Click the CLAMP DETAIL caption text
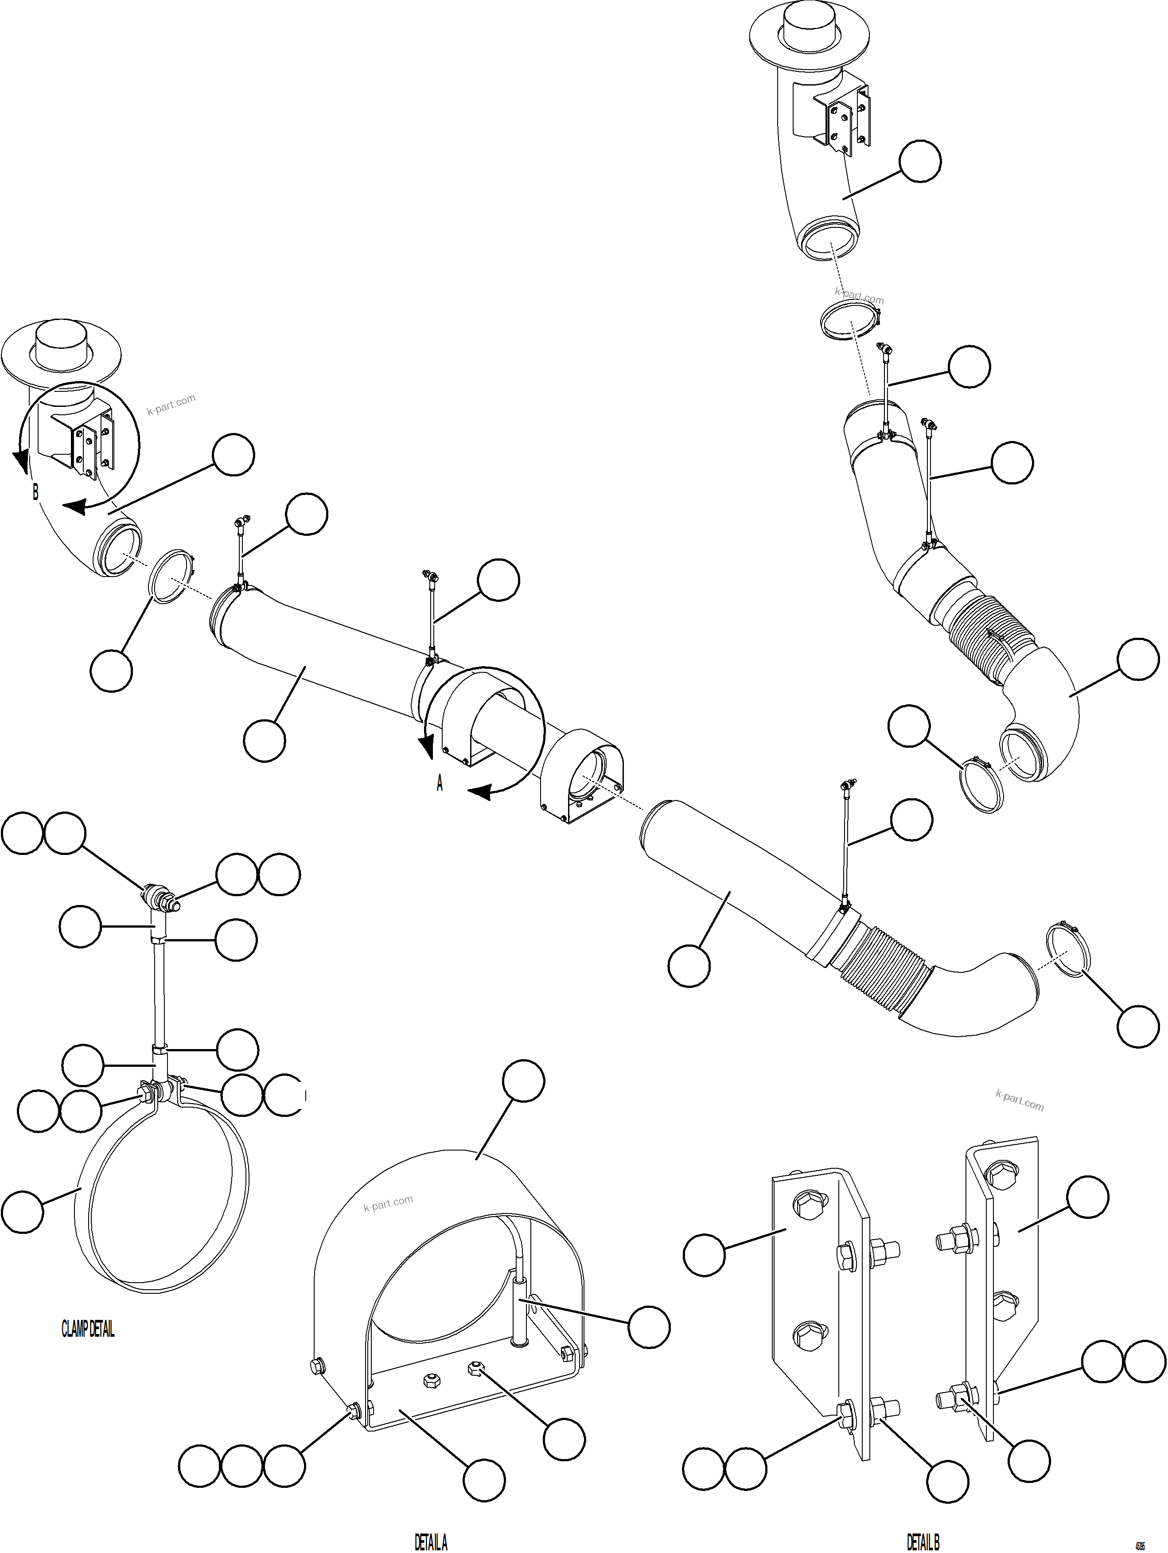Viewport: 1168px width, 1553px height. pyautogui.click(x=88, y=1329)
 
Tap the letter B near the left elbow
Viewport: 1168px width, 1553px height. pyautogui.click(x=35, y=492)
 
